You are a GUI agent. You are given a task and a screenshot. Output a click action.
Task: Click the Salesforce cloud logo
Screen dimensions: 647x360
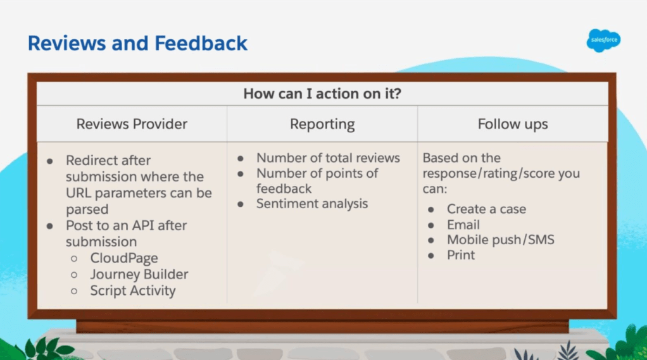[603, 40]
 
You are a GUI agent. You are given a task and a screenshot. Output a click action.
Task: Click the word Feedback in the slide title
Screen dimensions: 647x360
[201, 43]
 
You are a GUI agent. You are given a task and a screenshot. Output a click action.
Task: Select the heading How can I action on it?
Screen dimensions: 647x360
[322, 94]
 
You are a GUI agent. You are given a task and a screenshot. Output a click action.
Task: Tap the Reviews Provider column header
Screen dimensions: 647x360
[132, 124]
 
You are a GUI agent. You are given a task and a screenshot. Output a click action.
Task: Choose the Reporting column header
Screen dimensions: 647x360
[322, 125]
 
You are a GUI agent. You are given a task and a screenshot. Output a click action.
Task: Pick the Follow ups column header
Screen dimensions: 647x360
[513, 125]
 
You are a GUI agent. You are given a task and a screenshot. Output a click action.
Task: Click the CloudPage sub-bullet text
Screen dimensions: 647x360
[124, 258]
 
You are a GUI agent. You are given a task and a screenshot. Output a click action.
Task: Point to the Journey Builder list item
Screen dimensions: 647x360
[139, 274]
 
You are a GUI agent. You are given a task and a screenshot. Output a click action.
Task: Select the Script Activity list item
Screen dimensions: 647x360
[133, 291]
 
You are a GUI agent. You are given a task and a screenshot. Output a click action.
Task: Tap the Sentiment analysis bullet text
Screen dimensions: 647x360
[312, 204]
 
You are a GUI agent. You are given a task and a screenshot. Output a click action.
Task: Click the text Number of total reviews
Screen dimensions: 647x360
[328, 158]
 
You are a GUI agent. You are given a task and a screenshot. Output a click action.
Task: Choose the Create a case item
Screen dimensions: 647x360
[486, 209]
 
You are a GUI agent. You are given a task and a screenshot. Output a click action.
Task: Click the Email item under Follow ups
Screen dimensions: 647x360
[463, 225]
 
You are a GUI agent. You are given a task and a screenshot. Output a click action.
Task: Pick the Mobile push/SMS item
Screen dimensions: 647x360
[501, 240]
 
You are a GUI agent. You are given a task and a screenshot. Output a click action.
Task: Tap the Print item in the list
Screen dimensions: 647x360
[461, 255]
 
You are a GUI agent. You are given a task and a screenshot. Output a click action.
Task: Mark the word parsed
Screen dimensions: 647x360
[87, 209]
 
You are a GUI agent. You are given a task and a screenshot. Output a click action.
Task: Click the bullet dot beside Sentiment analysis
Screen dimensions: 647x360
[240, 204]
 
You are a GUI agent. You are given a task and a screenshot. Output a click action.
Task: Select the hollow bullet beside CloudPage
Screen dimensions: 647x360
[74, 259]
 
